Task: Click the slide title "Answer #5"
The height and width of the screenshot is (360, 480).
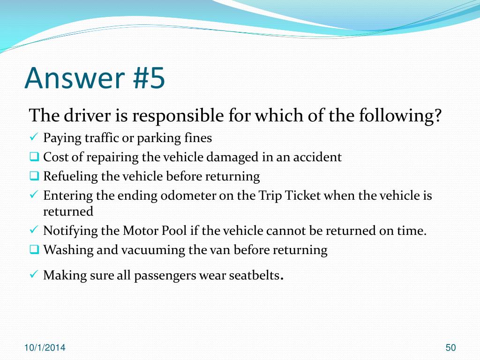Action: [95, 78]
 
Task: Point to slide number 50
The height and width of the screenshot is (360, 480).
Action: [450, 348]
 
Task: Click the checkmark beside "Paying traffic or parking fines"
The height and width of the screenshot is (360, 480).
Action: [33, 138]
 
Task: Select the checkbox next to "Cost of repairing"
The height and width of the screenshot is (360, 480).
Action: [34, 157]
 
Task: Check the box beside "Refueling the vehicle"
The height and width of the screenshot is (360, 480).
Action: [34, 176]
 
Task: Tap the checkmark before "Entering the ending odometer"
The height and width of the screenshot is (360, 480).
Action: [33, 195]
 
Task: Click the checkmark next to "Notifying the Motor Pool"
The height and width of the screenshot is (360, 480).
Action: [33, 231]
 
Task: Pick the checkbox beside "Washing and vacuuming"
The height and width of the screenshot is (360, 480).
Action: [34, 250]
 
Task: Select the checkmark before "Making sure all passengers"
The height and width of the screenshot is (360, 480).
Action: [33, 275]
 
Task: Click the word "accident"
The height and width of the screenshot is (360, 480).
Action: [317, 157]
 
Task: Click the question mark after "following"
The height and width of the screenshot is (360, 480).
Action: [438, 115]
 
